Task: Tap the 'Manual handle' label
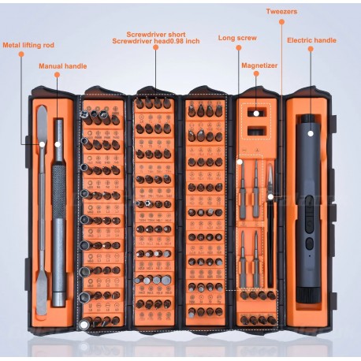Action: (63, 66)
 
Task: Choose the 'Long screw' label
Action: (237, 37)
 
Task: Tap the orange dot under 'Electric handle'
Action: (311, 50)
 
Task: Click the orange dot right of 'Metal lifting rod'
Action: (68, 45)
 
